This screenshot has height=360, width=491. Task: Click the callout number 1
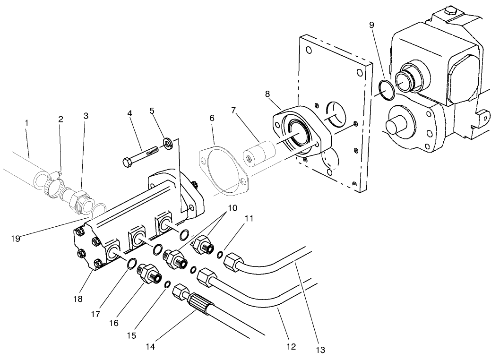(27, 123)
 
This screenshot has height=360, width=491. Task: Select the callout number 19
(15, 239)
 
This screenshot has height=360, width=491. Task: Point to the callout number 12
(291, 347)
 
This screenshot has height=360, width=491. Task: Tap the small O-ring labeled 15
(167, 284)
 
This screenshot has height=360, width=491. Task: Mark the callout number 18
(78, 299)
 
